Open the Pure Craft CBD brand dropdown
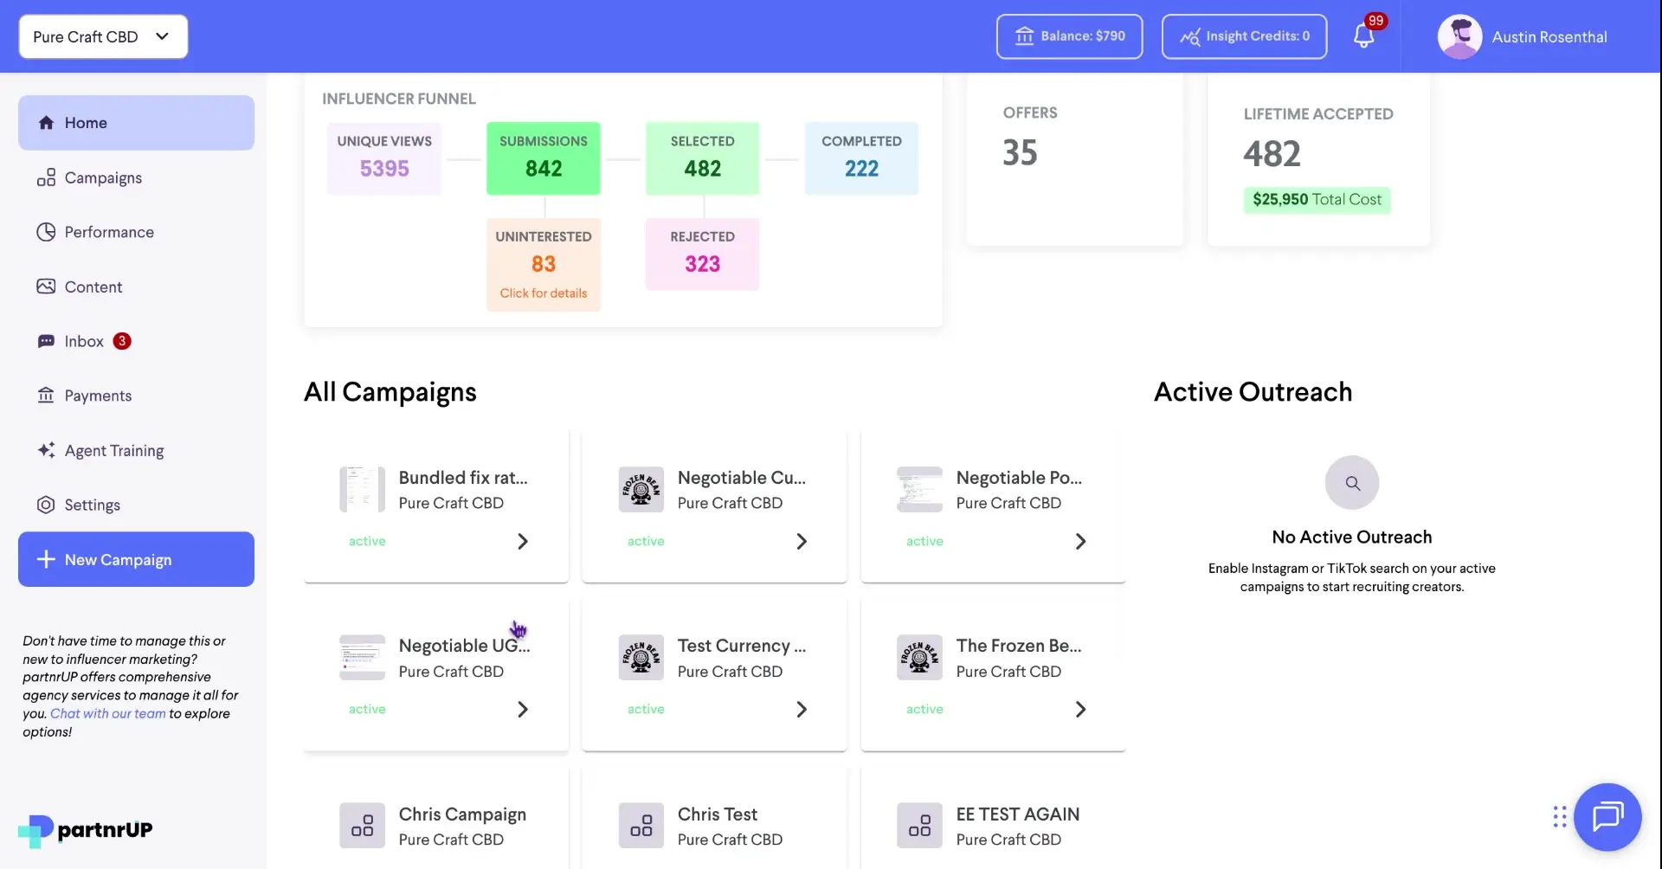(103, 36)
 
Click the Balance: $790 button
(1069, 36)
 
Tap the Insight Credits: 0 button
(1244, 36)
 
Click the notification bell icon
(1363, 36)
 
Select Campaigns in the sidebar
(102, 177)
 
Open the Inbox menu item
(84, 341)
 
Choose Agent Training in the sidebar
(113, 450)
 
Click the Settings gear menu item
(92, 505)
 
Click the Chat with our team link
(107, 713)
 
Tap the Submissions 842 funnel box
(543, 158)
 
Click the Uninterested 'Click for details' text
(543, 293)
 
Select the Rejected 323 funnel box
(702, 254)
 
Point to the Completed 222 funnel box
(861, 158)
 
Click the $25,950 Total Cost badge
(1317, 200)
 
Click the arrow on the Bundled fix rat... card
(522, 541)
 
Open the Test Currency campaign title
(741, 646)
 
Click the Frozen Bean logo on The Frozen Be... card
(919, 658)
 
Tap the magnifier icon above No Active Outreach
(1352, 483)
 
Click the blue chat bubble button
(1607, 816)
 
